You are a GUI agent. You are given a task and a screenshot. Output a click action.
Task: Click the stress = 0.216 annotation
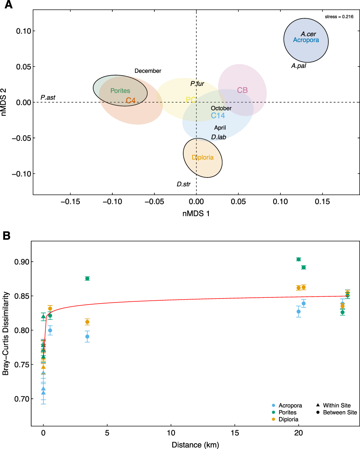[x=339, y=17]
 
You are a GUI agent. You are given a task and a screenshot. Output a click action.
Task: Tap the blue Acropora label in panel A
[x=306, y=40]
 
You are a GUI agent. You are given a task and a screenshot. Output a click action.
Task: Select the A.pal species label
[x=298, y=66]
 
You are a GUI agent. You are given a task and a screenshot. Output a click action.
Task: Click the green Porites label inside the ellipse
[x=120, y=91]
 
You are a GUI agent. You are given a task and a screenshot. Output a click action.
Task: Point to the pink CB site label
[x=242, y=90]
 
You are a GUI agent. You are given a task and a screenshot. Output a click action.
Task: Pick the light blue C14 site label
[x=218, y=116]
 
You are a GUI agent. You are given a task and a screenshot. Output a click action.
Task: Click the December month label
[x=148, y=71]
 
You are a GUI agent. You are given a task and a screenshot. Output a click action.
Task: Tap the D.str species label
[x=184, y=184]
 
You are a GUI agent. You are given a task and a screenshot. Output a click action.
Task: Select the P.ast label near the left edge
[x=48, y=98]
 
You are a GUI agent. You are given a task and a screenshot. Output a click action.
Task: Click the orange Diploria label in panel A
[x=202, y=157]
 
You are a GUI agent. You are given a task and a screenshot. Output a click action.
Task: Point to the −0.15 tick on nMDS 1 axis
[x=70, y=202]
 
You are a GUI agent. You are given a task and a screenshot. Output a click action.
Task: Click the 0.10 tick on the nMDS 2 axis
[x=23, y=31]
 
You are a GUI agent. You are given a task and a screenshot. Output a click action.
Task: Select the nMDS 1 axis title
[x=196, y=214]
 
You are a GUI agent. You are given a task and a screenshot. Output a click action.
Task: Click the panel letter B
[x=6, y=236]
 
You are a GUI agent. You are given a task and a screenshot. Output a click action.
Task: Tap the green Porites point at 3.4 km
[x=87, y=278]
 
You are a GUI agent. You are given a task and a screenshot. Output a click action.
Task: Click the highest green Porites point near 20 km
[x=298, y=259]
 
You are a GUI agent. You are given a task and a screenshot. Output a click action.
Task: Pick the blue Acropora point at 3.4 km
[x=87, y=337]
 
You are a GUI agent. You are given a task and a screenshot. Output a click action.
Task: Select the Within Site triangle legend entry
[x=333, y=405]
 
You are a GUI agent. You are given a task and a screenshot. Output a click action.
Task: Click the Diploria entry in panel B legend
[x=288, y=419]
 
